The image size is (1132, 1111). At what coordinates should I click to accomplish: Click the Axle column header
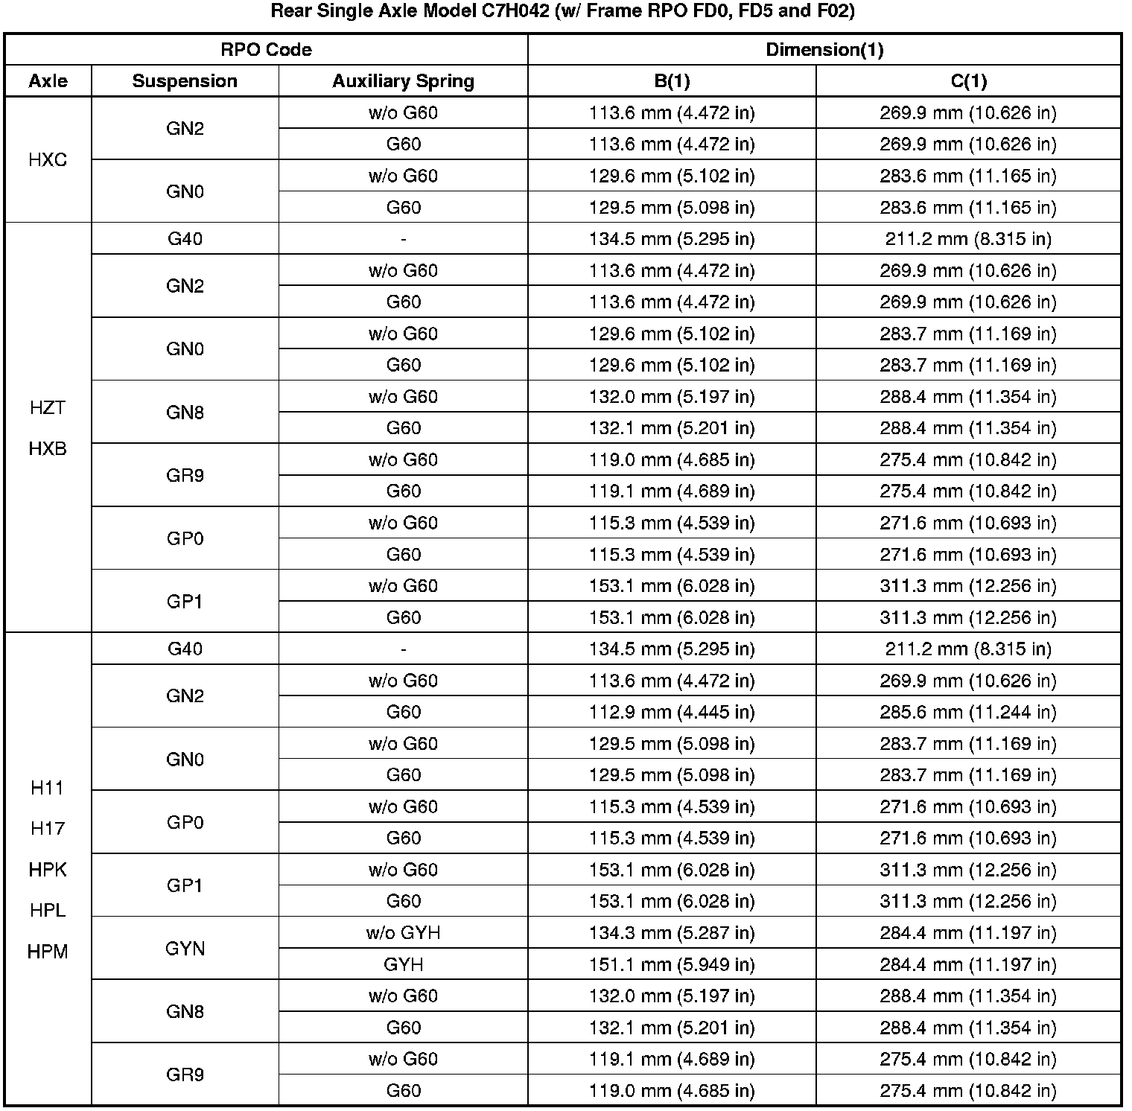pyautogui.click(x=48, y=81)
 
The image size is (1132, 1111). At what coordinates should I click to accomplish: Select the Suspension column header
pyautogui.click(x=185, y=81)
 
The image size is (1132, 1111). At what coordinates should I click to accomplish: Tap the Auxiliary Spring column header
pyautogui.click(x=403, y=81)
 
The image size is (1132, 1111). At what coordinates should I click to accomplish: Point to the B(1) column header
pyautogui.click(x=672, y=81)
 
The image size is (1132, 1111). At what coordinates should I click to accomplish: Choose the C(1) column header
pyautogui.click(x=968, y=81)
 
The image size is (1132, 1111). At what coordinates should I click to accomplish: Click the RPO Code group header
pyautogui.click(x=266, y=50)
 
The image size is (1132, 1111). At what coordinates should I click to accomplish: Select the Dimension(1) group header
pyautogui.click(x=824, y=50)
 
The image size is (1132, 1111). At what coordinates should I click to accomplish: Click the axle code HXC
pyautogui.click(x=48, y=160)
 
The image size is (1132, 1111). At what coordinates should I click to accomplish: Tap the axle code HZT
pyautogui.click(x=48, y=407)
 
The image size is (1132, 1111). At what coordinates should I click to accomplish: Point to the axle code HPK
pyautogui.click(x=48, y=869)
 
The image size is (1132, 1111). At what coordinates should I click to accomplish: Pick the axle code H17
pyautogui.click(x=48, y=828)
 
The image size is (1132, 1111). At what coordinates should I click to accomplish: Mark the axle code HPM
pyautogui.click(x=48, y=951)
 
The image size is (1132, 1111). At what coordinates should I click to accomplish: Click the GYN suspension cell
pyautogui.click(x=185, y=949)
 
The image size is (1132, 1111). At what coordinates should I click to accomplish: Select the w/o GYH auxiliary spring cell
pyautogui.click(x=403, y=933)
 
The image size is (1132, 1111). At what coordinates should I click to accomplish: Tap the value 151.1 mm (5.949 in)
pyautogui.click(x=672, y=964)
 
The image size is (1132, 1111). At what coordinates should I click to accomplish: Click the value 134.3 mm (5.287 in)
pyautogui.click(x=672, y=933)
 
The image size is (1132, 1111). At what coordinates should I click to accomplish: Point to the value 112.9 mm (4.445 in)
pyautogui.click(x=672, y=712)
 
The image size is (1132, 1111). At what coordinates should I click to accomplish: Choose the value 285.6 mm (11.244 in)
pyautogui.click(x=968, y=712)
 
